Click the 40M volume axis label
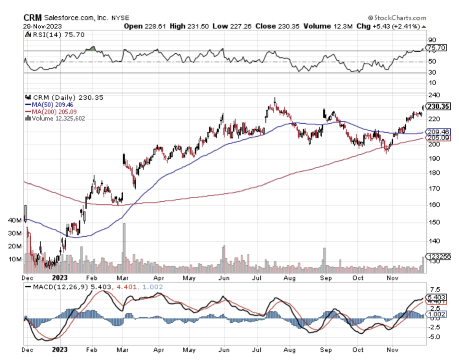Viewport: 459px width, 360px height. coord(16,220)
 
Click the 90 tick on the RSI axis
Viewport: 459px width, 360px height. coord(432,40)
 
